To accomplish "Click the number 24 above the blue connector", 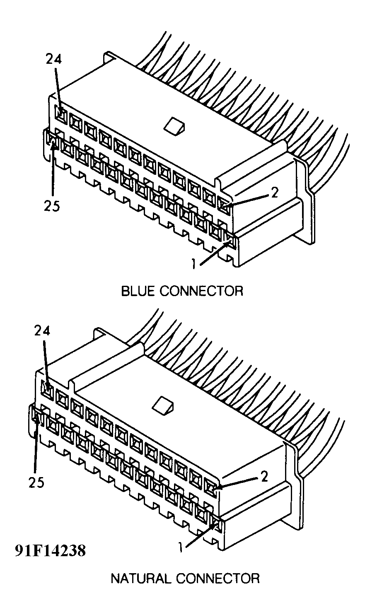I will [x=53, y=60].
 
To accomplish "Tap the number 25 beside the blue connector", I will [x=53, y=205].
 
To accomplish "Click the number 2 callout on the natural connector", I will [x=264, y=477].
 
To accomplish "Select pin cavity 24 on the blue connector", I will [x=61, y=115].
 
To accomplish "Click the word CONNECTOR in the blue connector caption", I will [x=201, y=291].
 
